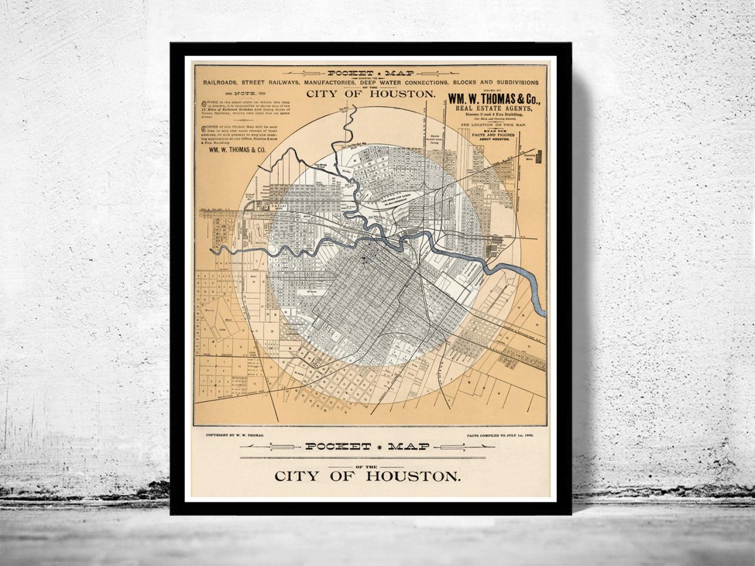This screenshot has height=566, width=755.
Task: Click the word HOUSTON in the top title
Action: (x=405, y=94)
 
